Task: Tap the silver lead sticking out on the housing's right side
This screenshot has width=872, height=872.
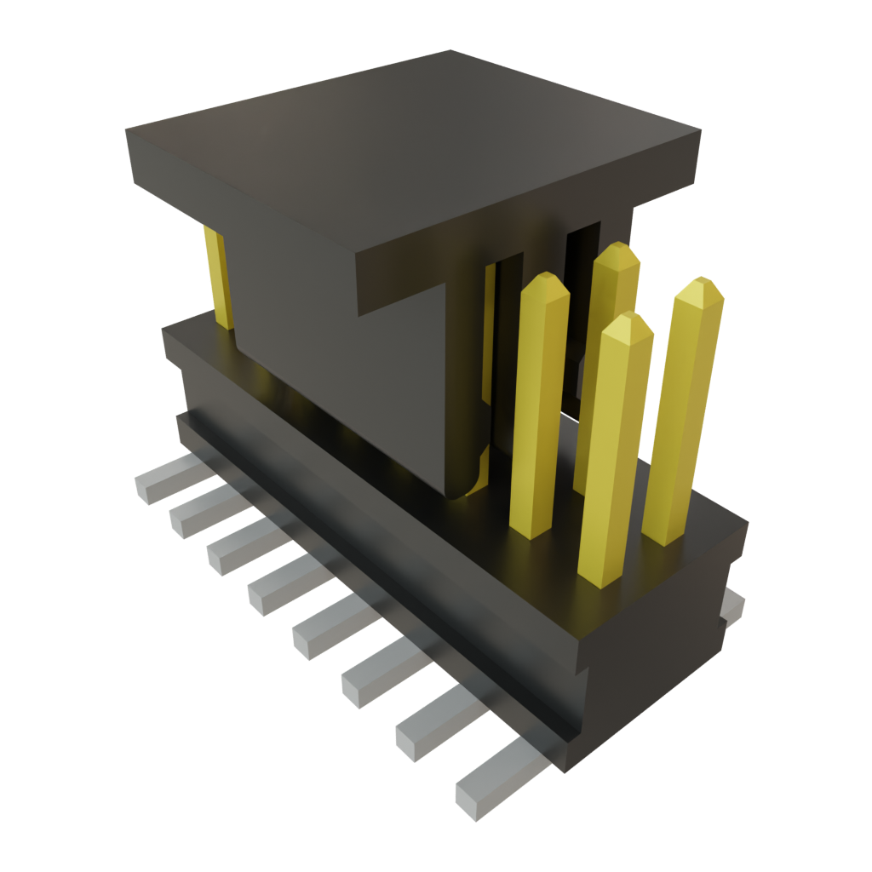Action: [732, 606]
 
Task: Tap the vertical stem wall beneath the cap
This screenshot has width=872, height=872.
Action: [341, 375]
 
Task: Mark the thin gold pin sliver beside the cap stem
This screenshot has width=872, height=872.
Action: [489, 332]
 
